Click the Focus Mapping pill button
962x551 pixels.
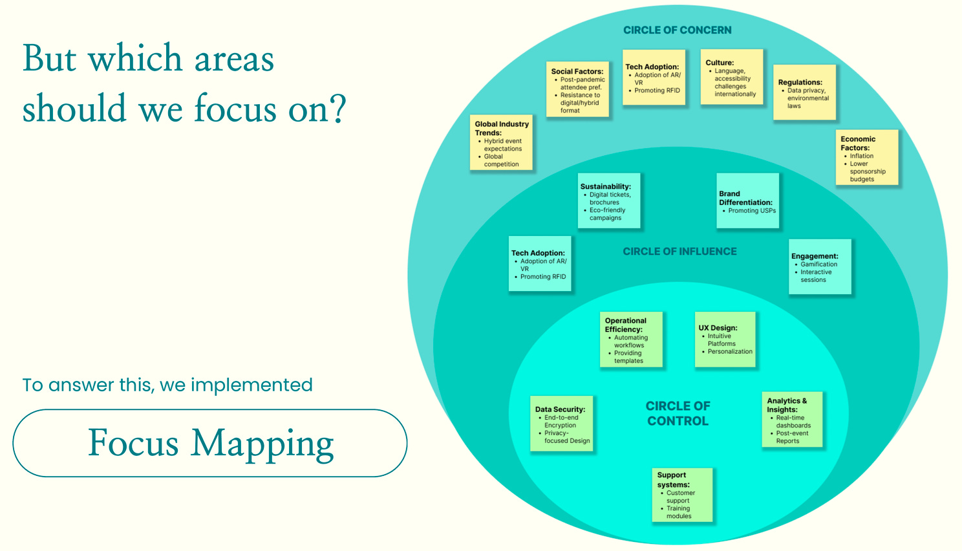coord(210,443)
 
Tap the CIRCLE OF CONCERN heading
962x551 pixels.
coord(677,30)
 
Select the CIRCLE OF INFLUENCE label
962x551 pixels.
coord(679,252)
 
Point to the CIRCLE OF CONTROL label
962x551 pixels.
coord(678,413)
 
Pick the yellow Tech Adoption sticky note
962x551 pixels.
coord(654,78)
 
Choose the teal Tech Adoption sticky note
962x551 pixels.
coord(540,264)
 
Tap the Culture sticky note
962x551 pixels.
coord(732,77)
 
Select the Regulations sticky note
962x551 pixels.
coord(804,92)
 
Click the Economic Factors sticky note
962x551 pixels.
coord(866,158)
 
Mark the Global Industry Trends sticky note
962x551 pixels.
coord(501,143)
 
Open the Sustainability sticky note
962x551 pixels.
coord(608,200)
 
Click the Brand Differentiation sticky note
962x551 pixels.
coord(747,200)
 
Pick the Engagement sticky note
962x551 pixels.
coord(820,266)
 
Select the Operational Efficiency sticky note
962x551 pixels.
coord(631,340)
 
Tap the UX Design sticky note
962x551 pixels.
coord(725,340)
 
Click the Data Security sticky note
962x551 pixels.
coord(561,424)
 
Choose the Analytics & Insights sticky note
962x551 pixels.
coord(792,419)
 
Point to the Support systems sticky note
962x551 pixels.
coord(682,495)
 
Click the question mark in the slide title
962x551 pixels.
coord(337,109)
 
